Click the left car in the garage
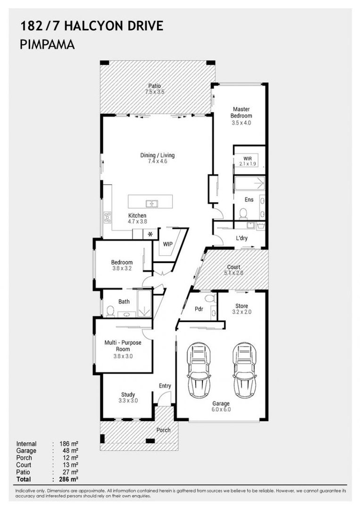199,370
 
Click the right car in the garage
245,370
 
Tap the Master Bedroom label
241,112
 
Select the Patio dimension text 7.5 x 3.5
155,92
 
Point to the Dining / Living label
157,155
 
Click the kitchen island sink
152,204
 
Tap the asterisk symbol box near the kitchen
151,234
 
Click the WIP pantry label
167,244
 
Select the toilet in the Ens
243,213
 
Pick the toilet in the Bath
110,311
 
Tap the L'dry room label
242,238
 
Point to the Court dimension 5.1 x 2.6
234,273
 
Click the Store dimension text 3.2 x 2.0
242,312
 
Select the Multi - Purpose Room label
123,346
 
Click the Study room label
128,394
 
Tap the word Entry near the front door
165,386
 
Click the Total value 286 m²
69,479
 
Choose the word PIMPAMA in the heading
48,44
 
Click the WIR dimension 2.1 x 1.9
248,164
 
